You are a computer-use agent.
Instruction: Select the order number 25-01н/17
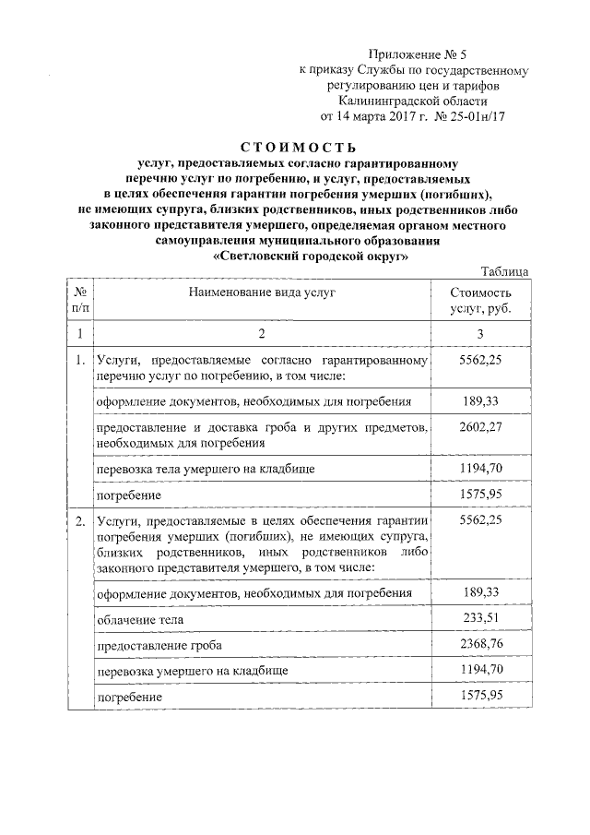(472, 116)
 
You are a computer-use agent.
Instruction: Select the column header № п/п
(80, 299)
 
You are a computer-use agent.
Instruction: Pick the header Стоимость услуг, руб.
(480, 299)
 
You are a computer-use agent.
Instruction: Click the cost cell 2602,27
(480, 427)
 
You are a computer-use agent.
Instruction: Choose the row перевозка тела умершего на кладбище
(199, 470)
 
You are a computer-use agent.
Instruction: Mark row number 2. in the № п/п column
(80, 522)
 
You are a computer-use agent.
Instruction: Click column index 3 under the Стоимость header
(480, 333)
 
